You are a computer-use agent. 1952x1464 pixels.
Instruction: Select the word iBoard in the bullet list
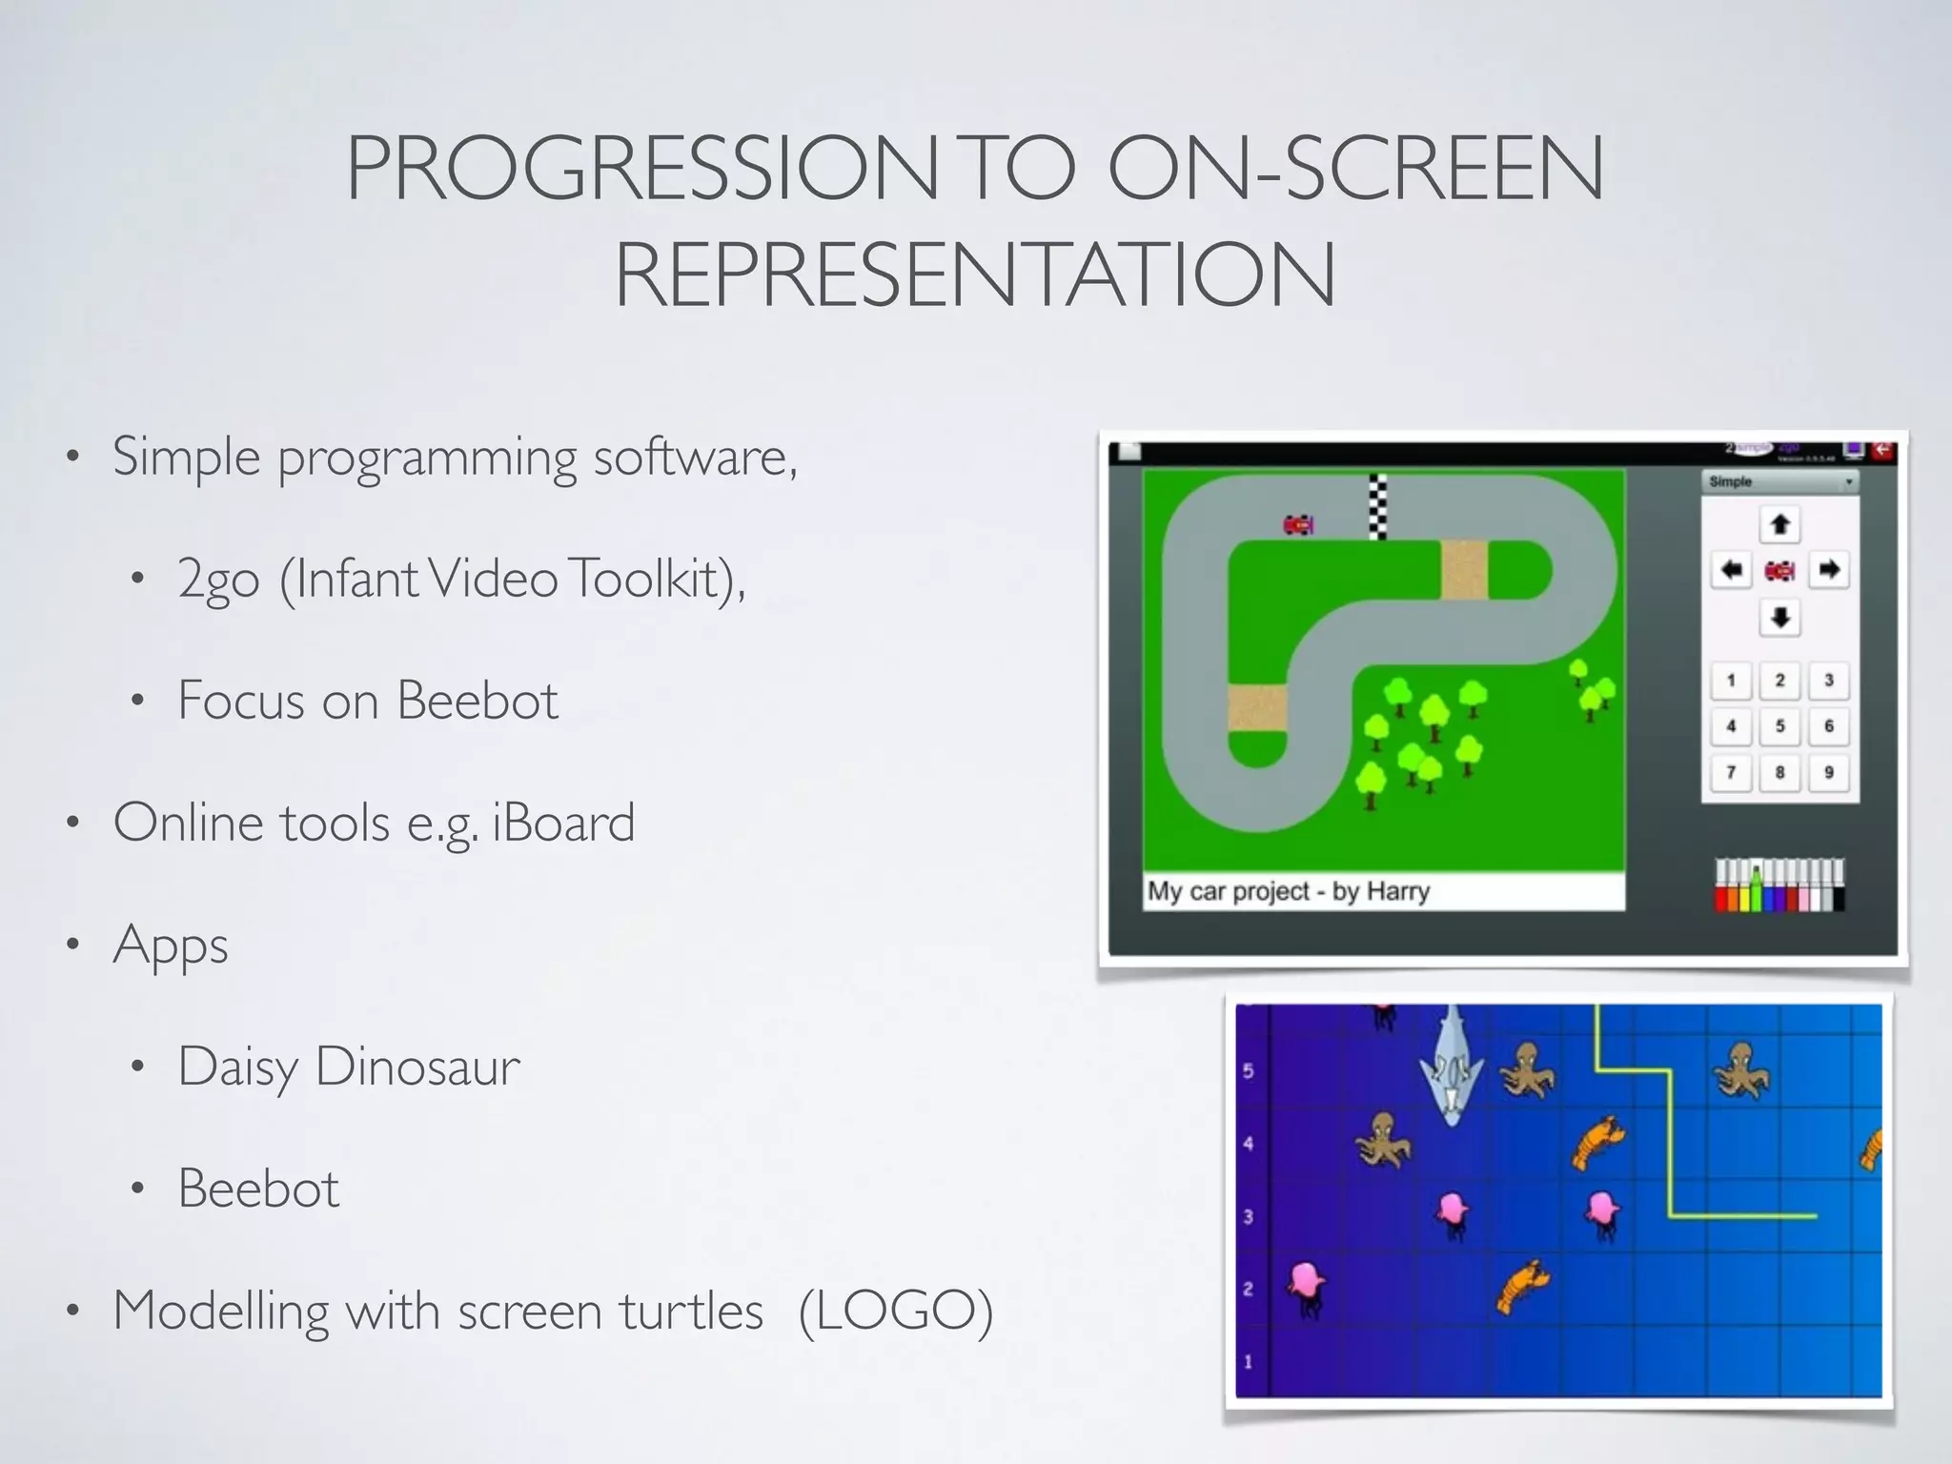[x=563, y=823]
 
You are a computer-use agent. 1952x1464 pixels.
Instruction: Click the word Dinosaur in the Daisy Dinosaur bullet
[x=417, y=1066]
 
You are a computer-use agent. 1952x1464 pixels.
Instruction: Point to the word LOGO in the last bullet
[x=896, y=1311]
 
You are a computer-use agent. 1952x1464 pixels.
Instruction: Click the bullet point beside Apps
[x=72, y=945]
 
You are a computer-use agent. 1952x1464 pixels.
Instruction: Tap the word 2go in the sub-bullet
[x=218, y=579]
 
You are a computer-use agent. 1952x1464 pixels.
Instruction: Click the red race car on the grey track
[x=1298, y=524]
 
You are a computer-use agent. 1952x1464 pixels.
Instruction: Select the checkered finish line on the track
[x=1377, y=506]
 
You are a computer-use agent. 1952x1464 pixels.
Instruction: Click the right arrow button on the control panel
[x=1828, y=570]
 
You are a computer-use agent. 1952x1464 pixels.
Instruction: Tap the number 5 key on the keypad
[x=1779, y=726]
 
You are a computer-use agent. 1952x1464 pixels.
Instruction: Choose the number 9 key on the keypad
[x=1828, y=772]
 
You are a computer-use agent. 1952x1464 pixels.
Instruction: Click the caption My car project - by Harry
[x=1289, y=891]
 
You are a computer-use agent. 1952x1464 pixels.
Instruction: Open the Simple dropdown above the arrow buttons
[x=1779, y=482]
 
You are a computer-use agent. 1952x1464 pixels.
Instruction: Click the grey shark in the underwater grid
[x=1451, y=1067]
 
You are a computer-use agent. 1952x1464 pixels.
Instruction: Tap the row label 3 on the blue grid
[x=1249, y=1216]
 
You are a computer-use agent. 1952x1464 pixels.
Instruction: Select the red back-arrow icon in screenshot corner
[x=1883, y=450]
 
